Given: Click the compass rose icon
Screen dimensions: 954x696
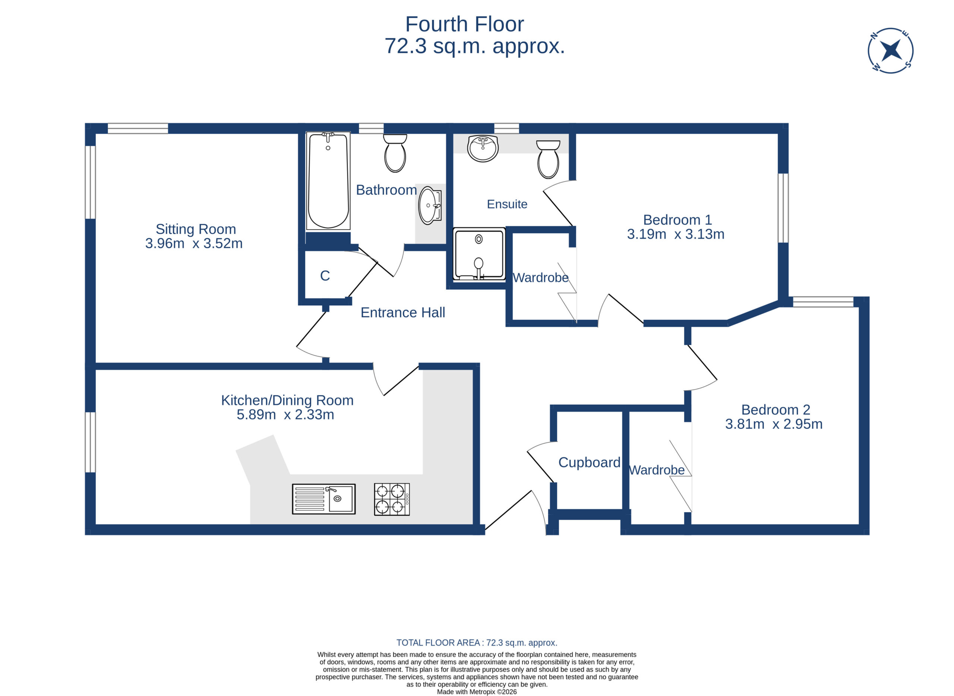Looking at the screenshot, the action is pyautogui.click(x=890, y=51).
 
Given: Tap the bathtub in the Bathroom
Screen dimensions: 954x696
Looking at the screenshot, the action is pyautogui.click(x=328, y=181).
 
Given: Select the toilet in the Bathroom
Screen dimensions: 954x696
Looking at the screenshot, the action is pyautogui.click(x=395, y=153).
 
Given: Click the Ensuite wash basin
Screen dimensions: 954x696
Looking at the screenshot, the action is pyautogui.click(x=483, y=149).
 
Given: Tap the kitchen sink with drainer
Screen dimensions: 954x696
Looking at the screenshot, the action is pyautogui.click(x=323, y=499).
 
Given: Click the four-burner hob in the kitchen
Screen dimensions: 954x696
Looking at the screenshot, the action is pyautogui.click(x=392, y=499).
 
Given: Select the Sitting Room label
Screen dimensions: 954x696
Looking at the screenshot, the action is pyautogui.click(x=196, y=229).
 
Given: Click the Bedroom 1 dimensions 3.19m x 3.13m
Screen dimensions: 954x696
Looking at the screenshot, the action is pyautogui.click(x=676, y=234).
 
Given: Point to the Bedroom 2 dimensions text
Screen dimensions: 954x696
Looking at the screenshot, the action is pyautogui.click(x=774, y=424).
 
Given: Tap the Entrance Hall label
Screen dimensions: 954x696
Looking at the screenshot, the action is pyautogui.click(x=403, y=313).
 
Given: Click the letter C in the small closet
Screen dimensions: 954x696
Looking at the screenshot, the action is pyautogui.click(x=325, y=276).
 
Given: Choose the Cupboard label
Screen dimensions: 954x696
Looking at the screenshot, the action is pyautogui.click(x=589, y=463).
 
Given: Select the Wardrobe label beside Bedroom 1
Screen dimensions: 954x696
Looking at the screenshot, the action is pyautogui.click(x=540, y=278).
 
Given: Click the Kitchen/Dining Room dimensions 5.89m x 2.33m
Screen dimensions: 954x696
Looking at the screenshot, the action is pyautogui.click(x=285, y=415).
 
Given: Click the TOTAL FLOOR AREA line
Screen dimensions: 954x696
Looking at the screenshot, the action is pyautogui.click(x=477, y=643).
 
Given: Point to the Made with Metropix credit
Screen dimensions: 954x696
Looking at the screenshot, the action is pyautogui.click(x=477, y=692).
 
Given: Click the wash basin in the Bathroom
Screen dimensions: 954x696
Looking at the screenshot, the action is pyautogui.click(x=430, y=206).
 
